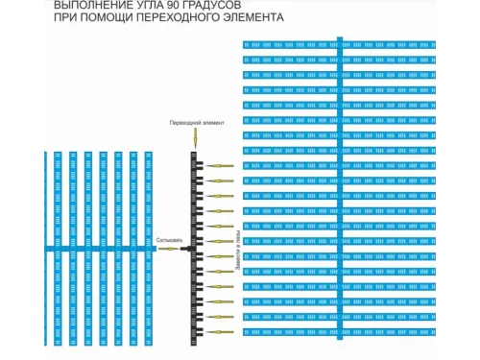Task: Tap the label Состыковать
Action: (169, 240)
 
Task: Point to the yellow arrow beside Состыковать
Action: (169, 249)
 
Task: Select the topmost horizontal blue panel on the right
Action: (341, 44)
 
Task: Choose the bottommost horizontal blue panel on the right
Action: (341, 332)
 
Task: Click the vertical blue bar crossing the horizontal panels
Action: (340, 192)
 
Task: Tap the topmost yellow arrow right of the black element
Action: (221, 166)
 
